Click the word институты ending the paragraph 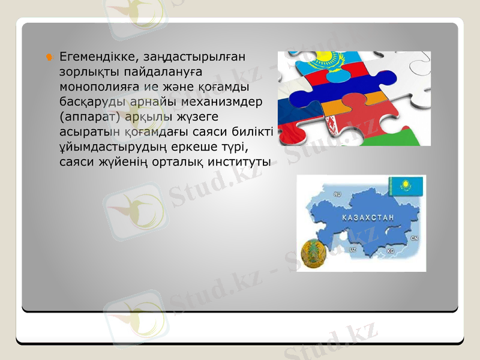[x=239, y=161]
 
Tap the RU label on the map [x=337, y=194]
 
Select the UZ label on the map [x=352, y=248]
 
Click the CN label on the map [x=414, y=238]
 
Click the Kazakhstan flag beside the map [x=406, y=185]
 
